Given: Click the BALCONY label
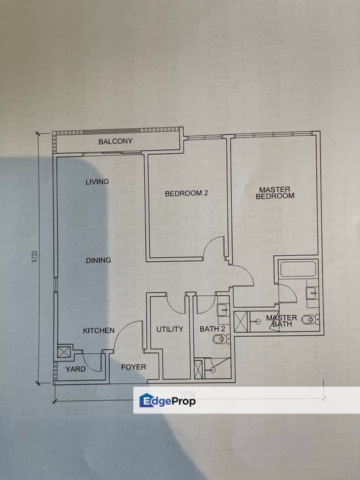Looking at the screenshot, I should coord(116,141).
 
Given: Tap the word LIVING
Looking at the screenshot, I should coord(97,182).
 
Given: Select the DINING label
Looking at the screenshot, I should coord(98,260).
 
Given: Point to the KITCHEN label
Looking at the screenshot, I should coord(99,331).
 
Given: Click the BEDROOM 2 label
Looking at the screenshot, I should coord(187,193).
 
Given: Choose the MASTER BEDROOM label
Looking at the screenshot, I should coord(275,192).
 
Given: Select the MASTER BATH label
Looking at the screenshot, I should coord(281,321).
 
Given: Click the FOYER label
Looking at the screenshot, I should coord(133,367).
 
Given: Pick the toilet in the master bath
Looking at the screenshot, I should coord(307,321).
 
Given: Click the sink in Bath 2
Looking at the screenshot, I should coord(223,309).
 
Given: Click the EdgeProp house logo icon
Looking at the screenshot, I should coord(147,400).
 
